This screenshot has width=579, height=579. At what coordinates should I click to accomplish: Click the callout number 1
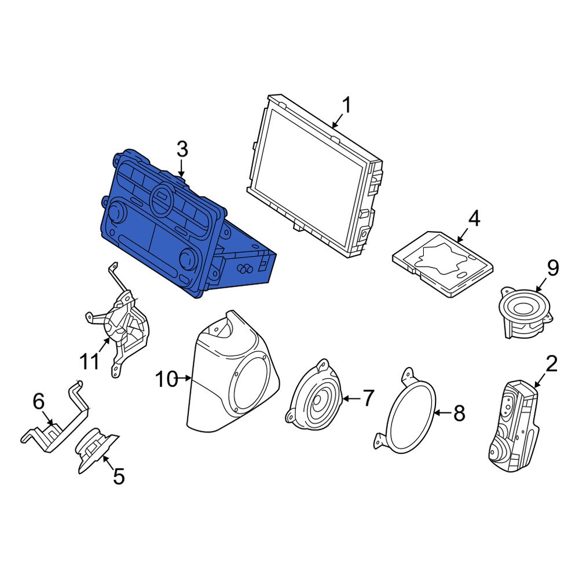coord(346,106)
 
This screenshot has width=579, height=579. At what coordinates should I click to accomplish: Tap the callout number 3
coord(182,149)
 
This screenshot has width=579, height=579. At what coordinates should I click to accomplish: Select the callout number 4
coord(474,219)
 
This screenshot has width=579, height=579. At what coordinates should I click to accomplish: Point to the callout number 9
coord(552,267)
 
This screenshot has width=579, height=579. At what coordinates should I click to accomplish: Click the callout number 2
coord(551,364)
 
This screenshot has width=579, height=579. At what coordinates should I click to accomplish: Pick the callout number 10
coord(166,380)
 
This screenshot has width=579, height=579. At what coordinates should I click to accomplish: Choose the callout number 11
coord(90,362)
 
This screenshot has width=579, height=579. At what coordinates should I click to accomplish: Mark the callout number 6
coord(38,400)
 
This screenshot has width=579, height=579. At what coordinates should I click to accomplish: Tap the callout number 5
coord(118,477)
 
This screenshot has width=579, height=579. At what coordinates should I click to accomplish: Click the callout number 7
coord(369,398)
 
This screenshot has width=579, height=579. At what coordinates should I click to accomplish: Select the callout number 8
coord(459,413)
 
